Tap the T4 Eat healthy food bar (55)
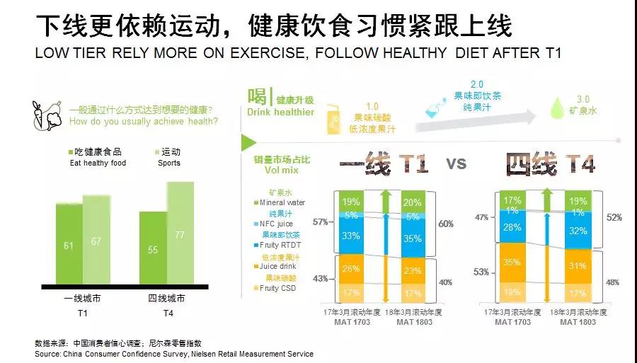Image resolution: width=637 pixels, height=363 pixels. pyautogui.click(x=153, y=249)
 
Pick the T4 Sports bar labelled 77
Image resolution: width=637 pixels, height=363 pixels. pyautogui.click(x=180, y=234)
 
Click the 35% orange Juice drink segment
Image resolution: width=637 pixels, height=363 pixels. pyautogui.click(x=513, y=262)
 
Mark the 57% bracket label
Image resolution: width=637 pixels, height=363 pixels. pyautogui.click(x=320, y=222)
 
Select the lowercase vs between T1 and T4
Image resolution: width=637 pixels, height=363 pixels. pyautogui.click(x=457, y=163)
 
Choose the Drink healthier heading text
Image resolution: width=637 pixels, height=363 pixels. pyautogui.click(x=280, y=113)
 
